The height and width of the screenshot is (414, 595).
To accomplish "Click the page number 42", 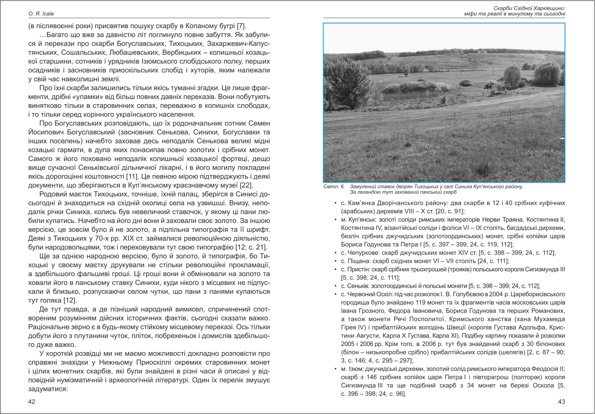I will pos(32,402).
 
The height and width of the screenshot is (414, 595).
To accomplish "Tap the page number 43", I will pos(561,402).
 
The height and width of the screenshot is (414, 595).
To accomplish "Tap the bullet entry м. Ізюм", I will pos(356,368).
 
